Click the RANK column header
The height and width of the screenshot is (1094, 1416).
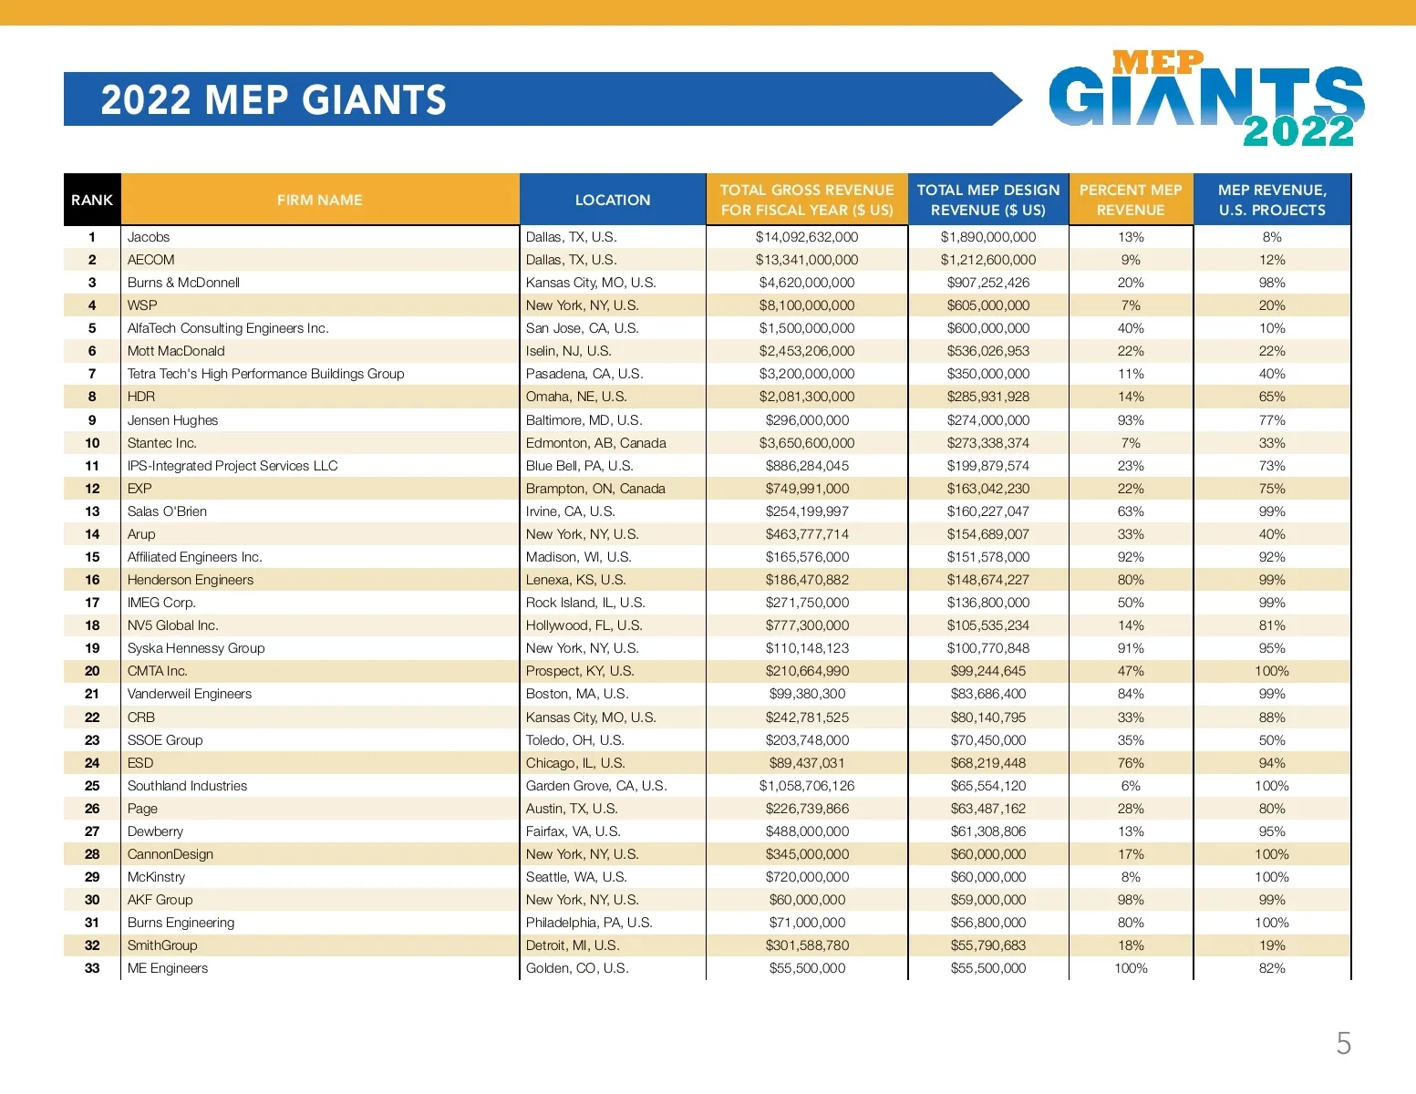pyautogui.click(x=92, y=200)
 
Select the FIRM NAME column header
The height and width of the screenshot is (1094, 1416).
pyautogui.click(x=319, y=200)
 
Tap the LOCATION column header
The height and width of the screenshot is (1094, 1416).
pyautogui.click(x=612, y=200)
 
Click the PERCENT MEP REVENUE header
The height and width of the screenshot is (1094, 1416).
pyautogui.click(x=1130, y=200)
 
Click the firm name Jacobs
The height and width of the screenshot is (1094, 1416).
pyautogui.click(x=149, y=237)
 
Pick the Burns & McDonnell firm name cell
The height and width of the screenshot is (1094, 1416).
pyautogui.click(x=183, y=283)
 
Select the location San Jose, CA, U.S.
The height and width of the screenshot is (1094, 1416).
pyautogui.click(x=582, y=328)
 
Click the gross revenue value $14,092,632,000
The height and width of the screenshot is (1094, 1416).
pyautogui.click(x=806, y=237)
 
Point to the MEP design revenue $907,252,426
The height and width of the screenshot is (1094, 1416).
pyautogui.click(x=987, y=283)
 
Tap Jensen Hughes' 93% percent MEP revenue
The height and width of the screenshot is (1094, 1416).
pyautogui.click(x=1131, y=420)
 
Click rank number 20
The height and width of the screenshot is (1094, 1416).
pyautogui.click(x=92, y=671)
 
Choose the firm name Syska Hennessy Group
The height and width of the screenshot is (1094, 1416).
pyautogui.click(x=196, y=648)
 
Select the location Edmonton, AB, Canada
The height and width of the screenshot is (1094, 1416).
pyautogui.click(x=595, y=443)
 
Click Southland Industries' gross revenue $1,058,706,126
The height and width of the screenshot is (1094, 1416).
pyautogui.click(x=806, y=786)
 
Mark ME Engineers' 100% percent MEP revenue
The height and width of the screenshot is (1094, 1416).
pyautogui.click(x=1131, y=968)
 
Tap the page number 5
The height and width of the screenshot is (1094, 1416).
pyautogui.click(x=1343, y=1043)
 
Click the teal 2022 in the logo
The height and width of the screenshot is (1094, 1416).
pyautogui.click(x=1298, y=131)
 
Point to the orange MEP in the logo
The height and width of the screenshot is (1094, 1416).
pyautogui.click(x=1158, y=62)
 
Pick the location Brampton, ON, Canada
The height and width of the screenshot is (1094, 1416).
pyautogui.click(x=595, y=489)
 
